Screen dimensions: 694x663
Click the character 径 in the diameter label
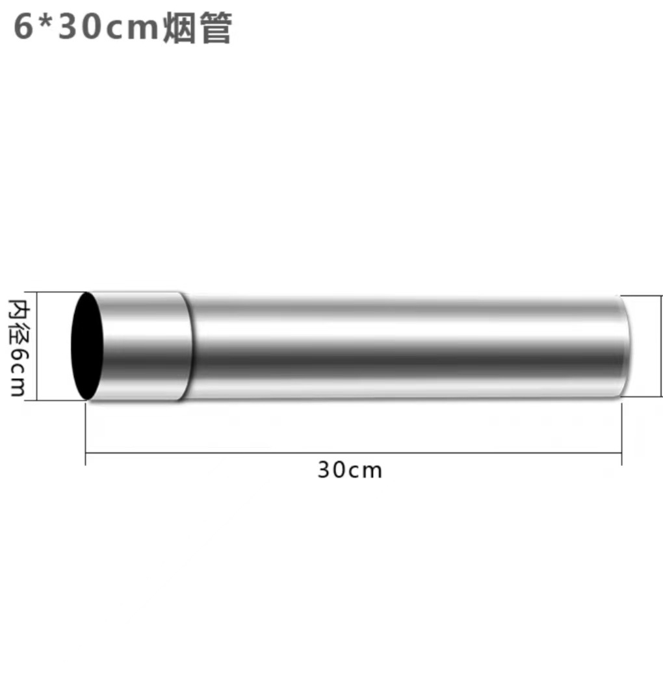(17, 330)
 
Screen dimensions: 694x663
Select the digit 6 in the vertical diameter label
(17, 355)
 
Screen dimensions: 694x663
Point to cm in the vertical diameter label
(17, 381)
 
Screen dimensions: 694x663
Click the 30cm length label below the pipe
(350, 470)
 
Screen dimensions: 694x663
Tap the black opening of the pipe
(87, 346)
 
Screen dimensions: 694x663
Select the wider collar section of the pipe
(143, 346)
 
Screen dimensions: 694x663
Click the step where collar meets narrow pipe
(188, 346)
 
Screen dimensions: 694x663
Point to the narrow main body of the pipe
(403, 346)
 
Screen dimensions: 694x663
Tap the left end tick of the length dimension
(86, 454)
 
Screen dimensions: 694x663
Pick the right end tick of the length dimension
(622, 454)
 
